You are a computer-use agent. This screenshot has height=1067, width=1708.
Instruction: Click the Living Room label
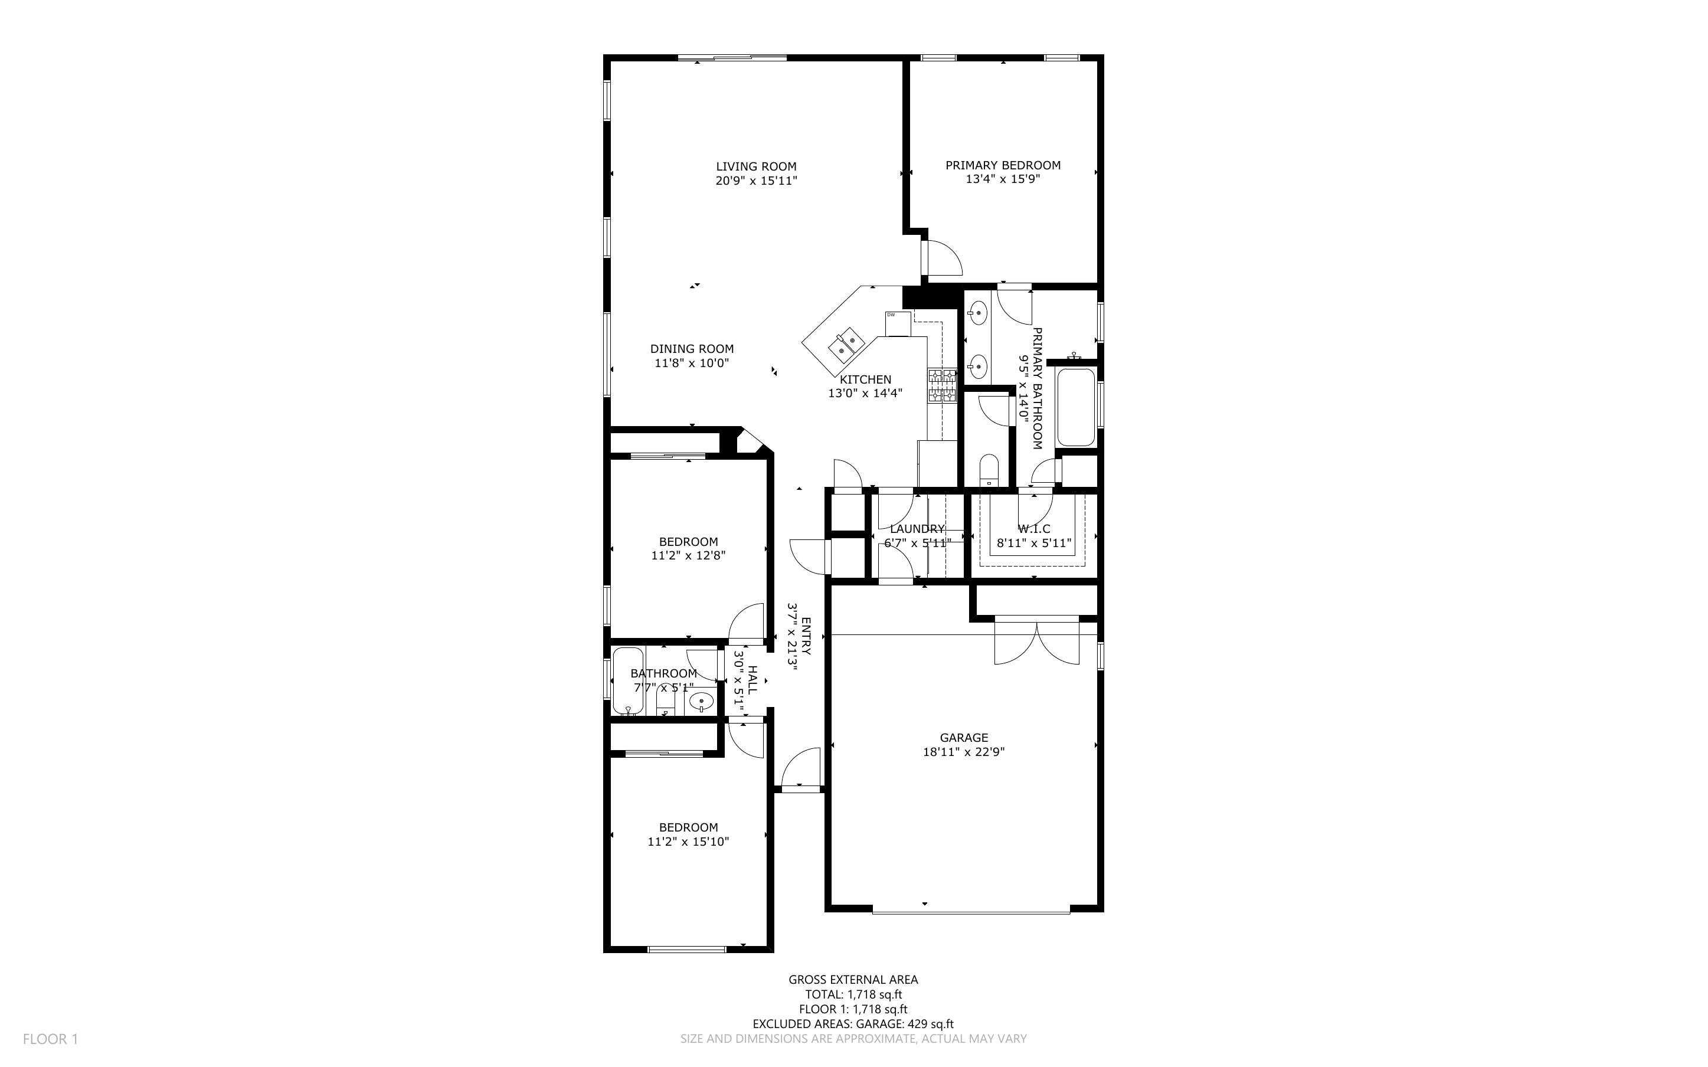tap(755, 166)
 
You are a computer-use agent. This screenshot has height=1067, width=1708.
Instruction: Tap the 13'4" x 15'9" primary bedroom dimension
tap(1003, 179)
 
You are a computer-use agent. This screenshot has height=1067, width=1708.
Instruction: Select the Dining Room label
tap(691, 349)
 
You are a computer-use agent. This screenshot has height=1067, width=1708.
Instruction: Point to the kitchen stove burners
tap(942, 385)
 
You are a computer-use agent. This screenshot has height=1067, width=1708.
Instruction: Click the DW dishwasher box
tap(898, 323)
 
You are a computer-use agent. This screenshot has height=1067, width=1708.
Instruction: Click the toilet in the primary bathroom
tap(989, 469)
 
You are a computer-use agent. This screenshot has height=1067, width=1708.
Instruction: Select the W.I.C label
tap(1033, 529)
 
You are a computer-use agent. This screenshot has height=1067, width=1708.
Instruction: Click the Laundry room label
tap(917, 529)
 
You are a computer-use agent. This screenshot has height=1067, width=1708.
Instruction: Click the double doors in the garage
tap(1036, 642)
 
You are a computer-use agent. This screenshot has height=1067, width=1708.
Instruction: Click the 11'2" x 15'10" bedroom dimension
tap(688, 841)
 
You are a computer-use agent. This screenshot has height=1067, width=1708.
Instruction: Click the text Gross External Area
tap(852, 980)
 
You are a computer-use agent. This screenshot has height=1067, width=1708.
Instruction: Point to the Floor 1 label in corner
tap(50, 1039)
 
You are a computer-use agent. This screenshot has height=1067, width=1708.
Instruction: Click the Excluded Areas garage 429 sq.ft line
tap(852, 1024)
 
